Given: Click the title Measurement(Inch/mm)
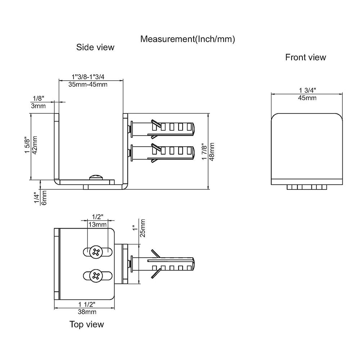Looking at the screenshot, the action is [188, 39].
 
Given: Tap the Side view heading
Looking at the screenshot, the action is [95, 47].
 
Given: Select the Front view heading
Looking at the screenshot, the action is [306, 57].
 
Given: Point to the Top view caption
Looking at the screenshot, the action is [86, 324].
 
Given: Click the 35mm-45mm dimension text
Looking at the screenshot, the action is [88, 85].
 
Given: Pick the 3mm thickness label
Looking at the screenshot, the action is [39, 106].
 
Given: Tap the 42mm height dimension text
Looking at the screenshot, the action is [35, 145].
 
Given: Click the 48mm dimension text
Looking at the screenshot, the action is [211, 152].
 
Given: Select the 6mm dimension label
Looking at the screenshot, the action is [44, 198].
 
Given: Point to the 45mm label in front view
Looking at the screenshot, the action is [307, 98].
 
